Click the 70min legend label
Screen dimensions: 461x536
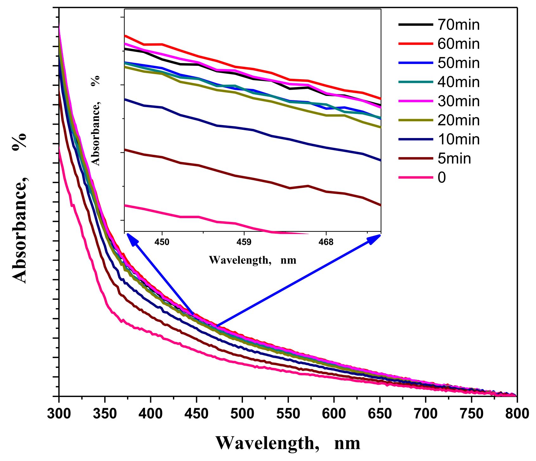458,25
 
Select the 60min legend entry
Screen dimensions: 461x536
458,44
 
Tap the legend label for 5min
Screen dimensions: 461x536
454,158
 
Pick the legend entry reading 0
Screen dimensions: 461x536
442,178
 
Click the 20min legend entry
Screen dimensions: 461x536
458,120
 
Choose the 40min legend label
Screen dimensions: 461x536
458,82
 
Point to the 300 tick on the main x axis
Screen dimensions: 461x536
59,414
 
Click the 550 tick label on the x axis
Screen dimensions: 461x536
288,414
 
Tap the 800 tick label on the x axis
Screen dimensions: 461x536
517,414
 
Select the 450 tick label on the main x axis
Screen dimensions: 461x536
196,414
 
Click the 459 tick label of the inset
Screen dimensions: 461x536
244,242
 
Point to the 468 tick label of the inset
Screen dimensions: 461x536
326,242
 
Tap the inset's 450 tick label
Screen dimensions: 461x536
162,242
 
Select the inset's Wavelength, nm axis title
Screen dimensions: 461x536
252,260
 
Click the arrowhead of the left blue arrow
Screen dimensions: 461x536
130,237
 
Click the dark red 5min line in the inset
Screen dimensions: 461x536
253,179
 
